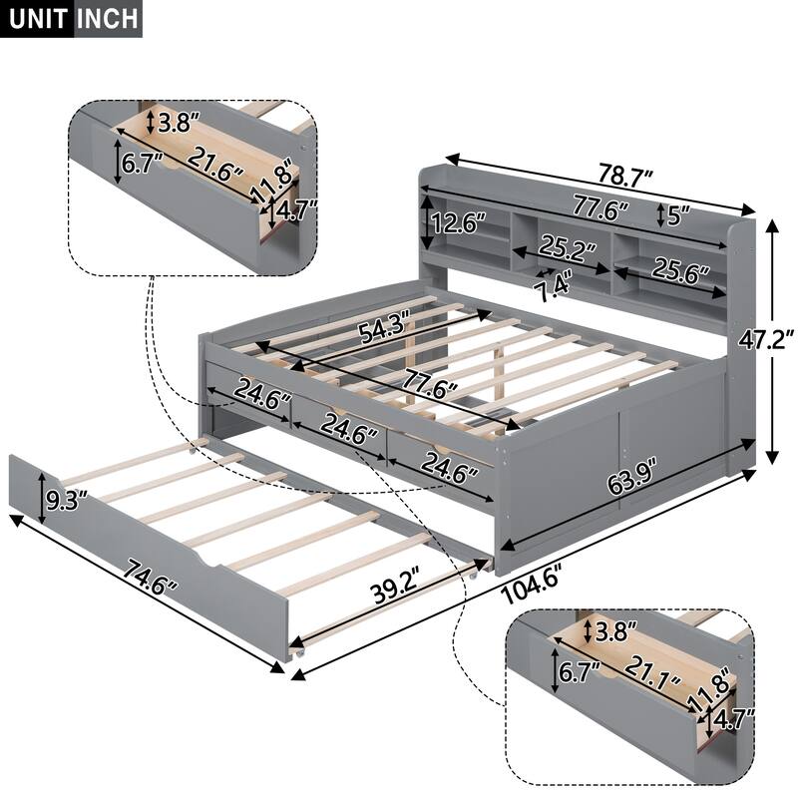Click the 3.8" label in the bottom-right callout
click(x=615, y=631)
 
